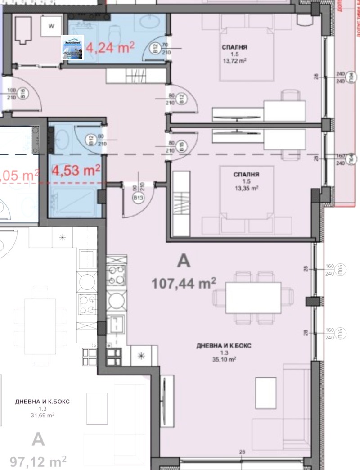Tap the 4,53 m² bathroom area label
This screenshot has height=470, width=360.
76,171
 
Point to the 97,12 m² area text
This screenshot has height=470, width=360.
38,461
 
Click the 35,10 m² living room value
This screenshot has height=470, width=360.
224,359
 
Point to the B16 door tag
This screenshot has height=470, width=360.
22,96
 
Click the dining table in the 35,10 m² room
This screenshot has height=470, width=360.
253,297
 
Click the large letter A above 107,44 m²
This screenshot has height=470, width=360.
184,261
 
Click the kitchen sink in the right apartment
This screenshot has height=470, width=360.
118,323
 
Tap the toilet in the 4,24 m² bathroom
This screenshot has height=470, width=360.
115,32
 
